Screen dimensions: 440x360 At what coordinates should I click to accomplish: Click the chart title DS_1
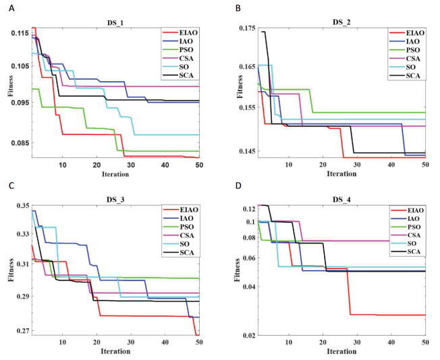tap(115, 23)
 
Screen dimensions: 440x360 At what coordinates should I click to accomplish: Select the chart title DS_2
tap(341, 22)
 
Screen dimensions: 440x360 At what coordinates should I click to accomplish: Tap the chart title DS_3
tap(115, 200)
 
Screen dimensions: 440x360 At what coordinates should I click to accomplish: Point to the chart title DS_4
tap(341, 200)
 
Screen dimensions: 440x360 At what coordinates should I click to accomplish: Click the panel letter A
tap(11, 8)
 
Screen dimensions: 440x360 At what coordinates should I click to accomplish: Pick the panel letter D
tap(238, 186)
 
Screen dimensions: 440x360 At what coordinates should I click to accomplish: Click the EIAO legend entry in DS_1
tap(180, 33)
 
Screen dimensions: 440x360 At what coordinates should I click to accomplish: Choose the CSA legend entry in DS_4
tap(405, 235)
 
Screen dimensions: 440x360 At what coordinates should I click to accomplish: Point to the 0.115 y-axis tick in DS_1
tap(20, 33)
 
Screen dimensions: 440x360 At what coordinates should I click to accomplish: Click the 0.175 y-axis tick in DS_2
tap(247, 28)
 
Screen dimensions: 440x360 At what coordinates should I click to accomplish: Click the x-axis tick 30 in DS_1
tap(131, 165)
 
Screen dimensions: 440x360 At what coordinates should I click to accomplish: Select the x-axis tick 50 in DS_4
tap(425, 342)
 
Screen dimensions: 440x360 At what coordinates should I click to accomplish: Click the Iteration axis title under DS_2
tap(341, 174)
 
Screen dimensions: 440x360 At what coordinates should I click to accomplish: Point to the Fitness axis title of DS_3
tap(11, 270)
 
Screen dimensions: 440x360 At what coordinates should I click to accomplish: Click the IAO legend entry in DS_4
tap(405, 219)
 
